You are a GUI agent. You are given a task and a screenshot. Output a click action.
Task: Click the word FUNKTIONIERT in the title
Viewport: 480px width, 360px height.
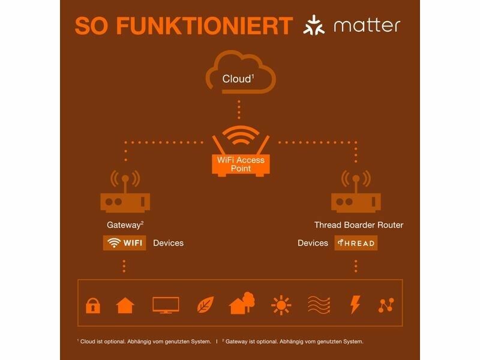(205, 26)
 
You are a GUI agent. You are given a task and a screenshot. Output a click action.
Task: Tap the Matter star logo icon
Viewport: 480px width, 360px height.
(314, 25)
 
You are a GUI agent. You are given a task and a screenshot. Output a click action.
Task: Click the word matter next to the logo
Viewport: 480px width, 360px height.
(367, 26)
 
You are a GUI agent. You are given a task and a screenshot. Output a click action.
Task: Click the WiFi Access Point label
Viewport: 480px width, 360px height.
(241, 164)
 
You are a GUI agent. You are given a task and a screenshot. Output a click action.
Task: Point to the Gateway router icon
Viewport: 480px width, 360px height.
(125, 191)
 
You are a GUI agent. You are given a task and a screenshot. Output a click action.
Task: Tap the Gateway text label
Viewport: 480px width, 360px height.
(125, 225)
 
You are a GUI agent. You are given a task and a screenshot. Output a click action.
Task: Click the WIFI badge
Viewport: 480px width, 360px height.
(125, 243)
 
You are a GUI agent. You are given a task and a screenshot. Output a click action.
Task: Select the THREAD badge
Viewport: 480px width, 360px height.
(356, 243)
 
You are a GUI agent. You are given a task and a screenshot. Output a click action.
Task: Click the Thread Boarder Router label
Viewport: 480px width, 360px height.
(359, 225)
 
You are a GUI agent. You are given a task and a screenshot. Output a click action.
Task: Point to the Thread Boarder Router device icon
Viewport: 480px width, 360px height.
(356, 191)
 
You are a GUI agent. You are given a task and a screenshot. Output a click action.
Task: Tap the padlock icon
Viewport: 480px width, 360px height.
(93, 305)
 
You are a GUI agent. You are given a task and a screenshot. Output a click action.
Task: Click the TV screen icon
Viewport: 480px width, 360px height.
(166, 305)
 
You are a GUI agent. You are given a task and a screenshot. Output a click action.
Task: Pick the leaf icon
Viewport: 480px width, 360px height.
(205, 305)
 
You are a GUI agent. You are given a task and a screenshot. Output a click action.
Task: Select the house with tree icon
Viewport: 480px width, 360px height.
(242, 303)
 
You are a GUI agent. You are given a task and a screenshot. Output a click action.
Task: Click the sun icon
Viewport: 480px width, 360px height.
(281, 305)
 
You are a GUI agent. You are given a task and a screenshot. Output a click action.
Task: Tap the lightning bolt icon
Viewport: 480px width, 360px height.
(355, 305)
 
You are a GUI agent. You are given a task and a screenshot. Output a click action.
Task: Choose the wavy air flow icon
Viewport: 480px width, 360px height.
(319, 305)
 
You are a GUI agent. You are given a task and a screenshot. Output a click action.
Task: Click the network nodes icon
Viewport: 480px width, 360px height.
(386, 305)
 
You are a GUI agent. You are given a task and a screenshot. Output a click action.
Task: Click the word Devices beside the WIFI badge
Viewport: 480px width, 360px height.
(169, 243)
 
